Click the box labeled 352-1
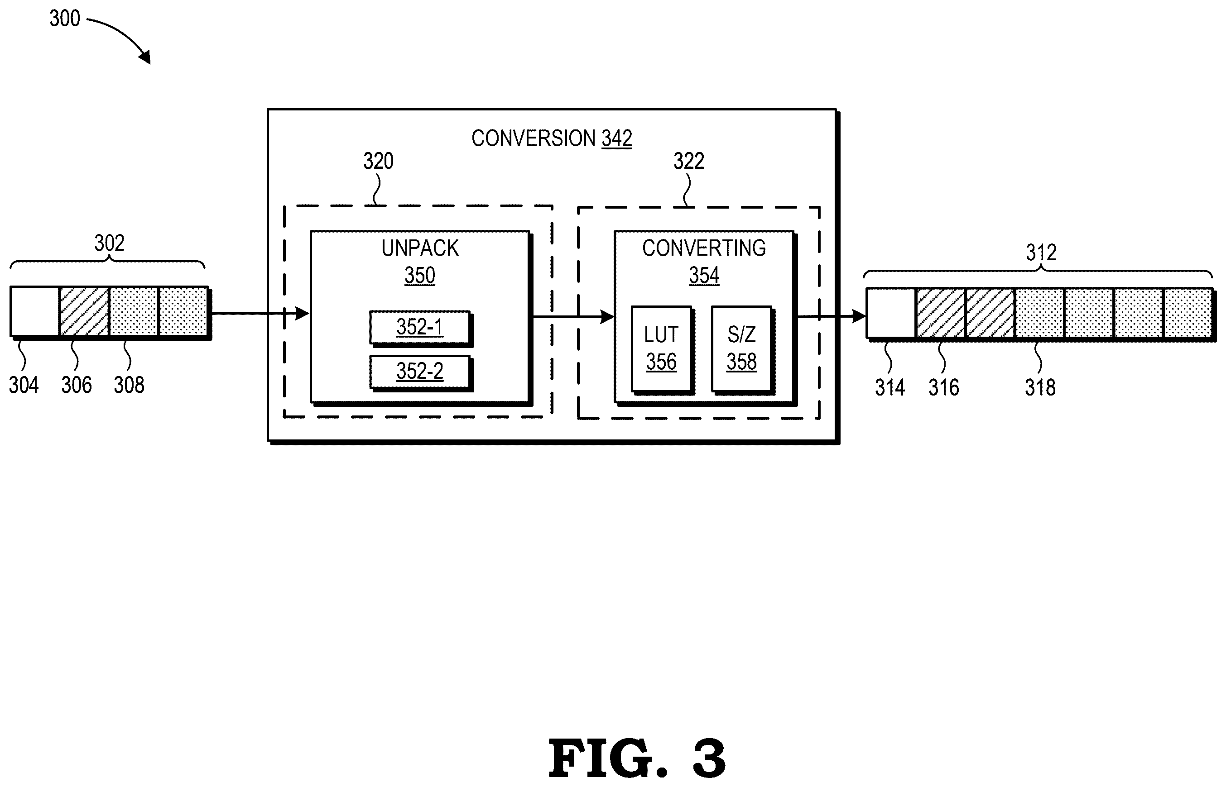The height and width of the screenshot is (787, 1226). click(420, 328)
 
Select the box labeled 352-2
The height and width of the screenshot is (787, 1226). click(420, 372)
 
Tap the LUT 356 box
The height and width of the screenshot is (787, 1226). click(662, 349)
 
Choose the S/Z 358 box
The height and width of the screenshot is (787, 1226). click(742, 349)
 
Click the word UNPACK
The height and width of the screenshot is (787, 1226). click(420, 248)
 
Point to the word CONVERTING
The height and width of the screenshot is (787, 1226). click(704, 248)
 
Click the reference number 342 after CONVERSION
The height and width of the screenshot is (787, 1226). click(616, 138)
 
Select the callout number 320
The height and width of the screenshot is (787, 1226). click(378, 162)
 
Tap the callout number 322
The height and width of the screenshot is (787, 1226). click(689, 162)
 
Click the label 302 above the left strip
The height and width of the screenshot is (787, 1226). click(110, 243)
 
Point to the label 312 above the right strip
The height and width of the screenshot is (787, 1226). click(1041, 253)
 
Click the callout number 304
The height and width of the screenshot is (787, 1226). click(24, 385)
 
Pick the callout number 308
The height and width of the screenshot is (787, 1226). click(129, 385)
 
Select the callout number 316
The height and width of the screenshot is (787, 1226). click(944, 387)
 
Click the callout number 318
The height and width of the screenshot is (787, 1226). click(1040, 387)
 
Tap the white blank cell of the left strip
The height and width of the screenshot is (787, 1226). click(35, 311)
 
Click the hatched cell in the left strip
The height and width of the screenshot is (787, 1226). click(84, 311)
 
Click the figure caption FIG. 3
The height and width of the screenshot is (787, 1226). click(637, 758)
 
